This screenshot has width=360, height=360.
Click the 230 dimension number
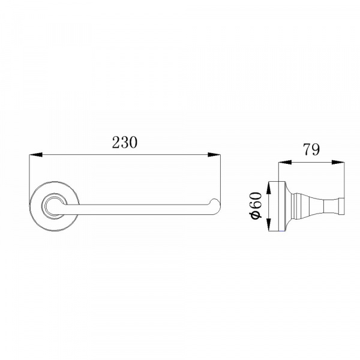pos(125,142)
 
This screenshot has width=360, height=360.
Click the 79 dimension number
pos(311,149)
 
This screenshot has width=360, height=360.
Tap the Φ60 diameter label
pos(256,205)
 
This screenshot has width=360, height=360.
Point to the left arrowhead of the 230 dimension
pos(36,155)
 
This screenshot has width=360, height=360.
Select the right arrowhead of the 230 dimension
pos(214,155)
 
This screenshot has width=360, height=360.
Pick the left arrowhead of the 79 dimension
pos(285,163)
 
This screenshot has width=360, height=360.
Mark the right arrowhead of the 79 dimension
pos(338,163)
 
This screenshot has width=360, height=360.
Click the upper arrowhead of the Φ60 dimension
pos(269,188)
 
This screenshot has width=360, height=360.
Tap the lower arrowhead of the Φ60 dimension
pos(269,224)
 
